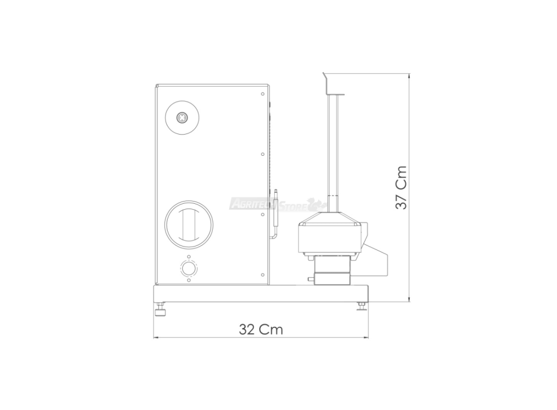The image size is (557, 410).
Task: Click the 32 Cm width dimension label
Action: click(261, 329)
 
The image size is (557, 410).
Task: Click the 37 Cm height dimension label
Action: click(401, 187)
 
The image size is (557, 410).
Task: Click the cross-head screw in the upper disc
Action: click(182, 118)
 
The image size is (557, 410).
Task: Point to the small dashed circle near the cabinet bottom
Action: click(189, 268)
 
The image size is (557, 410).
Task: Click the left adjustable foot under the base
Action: click(161, 309)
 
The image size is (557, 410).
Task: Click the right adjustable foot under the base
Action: click(362, 306)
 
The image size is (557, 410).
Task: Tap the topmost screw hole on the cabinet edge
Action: click(263, 94)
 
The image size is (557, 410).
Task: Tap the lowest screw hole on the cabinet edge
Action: click(263, 275)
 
